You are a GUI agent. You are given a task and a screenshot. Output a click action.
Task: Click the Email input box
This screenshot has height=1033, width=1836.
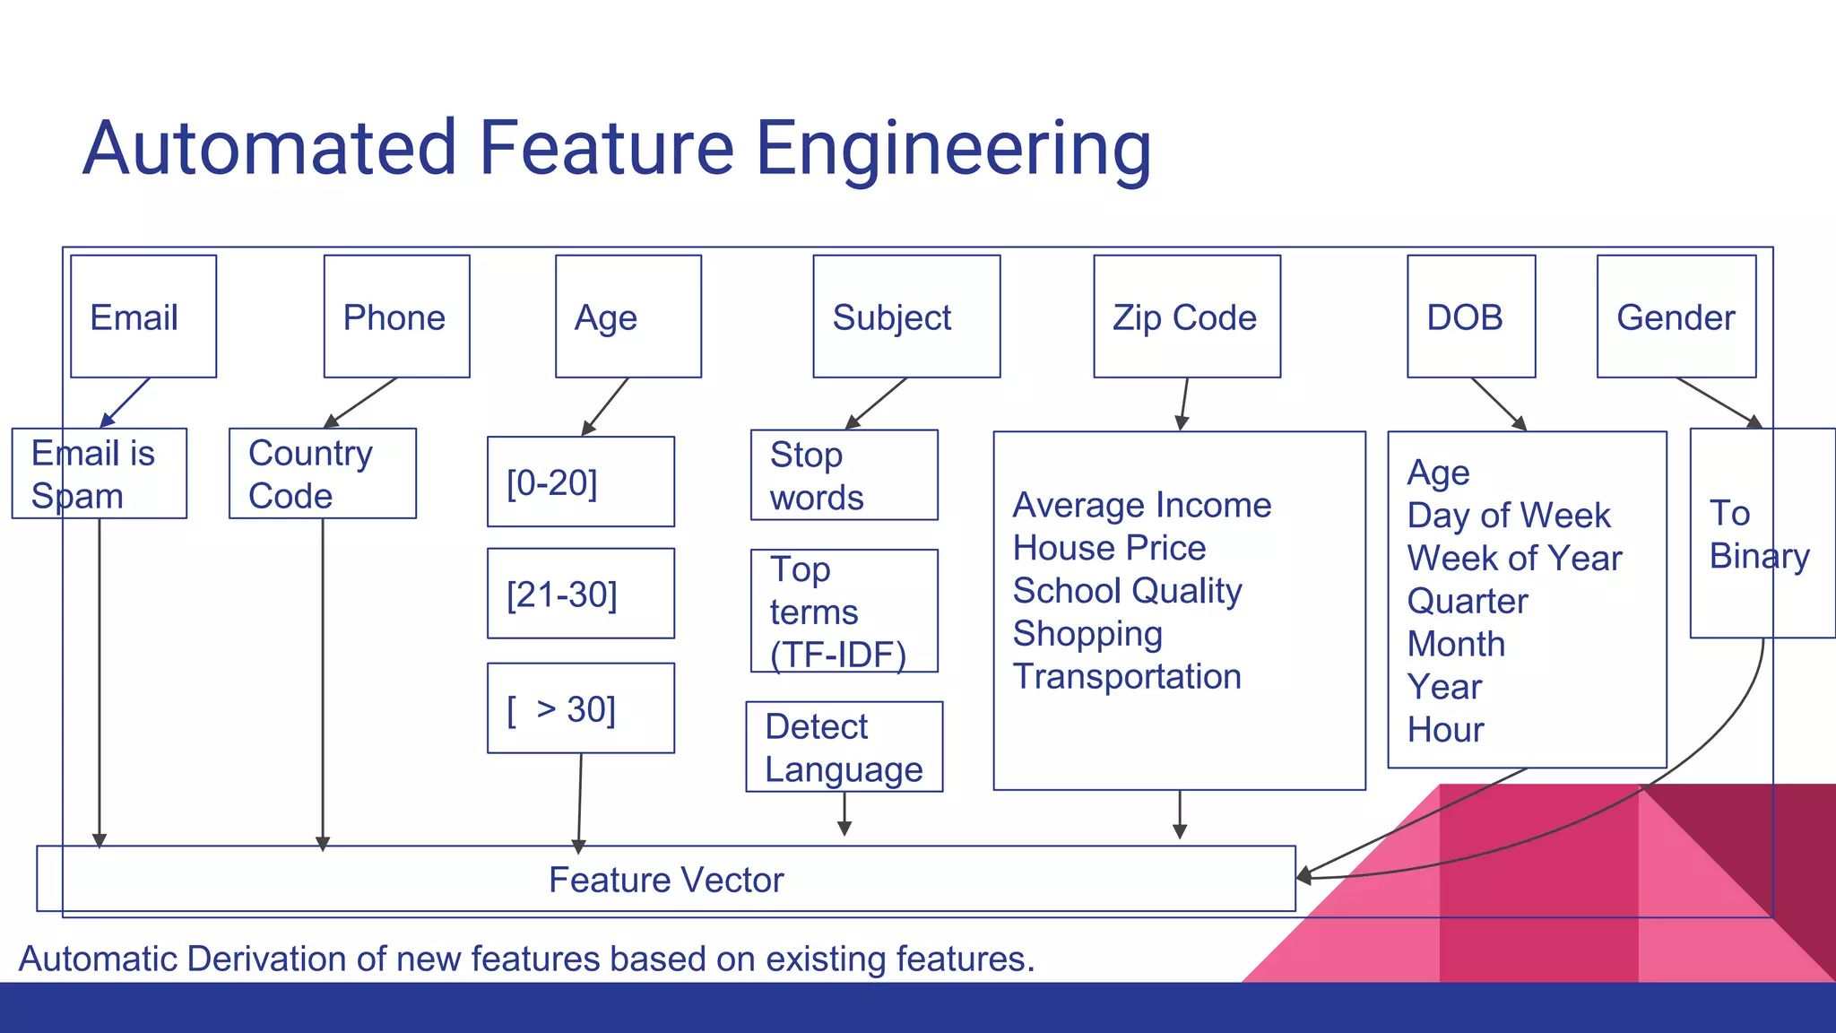tap(143, 317)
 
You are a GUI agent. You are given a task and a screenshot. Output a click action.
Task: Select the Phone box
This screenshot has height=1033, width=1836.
tap(396, 317)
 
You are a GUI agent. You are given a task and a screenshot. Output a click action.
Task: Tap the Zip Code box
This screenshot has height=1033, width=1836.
tap(1186, 317)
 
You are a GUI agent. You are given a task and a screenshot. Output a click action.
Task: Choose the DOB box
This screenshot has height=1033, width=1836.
tap(1470, 317)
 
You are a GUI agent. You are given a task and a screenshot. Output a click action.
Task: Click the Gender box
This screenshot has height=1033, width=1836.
tap(1676, 317)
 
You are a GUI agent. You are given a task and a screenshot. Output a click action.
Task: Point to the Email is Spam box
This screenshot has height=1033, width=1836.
tap(99, 473)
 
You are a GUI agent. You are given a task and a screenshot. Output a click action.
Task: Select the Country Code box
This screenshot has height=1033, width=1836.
tap(322, 473)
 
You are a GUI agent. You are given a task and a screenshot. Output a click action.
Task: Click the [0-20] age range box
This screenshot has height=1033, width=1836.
tap(580, 482)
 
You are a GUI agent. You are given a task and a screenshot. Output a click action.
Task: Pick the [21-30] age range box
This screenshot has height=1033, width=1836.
tap(580, 594)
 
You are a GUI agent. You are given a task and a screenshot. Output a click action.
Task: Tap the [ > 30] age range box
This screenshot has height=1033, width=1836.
tap(580, 708)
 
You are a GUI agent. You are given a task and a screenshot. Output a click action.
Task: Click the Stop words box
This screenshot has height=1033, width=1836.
tap(844, 475)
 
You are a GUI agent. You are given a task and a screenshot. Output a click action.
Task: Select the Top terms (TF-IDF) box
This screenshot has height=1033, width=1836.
tap(844, 612)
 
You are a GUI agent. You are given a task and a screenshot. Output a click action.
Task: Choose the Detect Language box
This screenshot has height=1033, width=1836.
tap(844, 747)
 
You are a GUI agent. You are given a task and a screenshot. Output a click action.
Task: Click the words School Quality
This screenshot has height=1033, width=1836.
tap(1127, 591)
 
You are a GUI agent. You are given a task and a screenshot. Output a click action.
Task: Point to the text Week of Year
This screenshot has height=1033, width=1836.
tap(1514, 559)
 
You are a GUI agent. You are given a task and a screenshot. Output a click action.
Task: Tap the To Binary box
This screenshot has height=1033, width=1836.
tap(1762, 534)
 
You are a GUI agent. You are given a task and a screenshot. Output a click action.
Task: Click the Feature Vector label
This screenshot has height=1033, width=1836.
tap(666, 880)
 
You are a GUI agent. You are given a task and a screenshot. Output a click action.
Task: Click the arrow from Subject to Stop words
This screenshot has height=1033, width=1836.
tap(876, 404)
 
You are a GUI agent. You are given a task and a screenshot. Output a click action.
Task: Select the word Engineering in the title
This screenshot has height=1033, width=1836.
tap(953, 149)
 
